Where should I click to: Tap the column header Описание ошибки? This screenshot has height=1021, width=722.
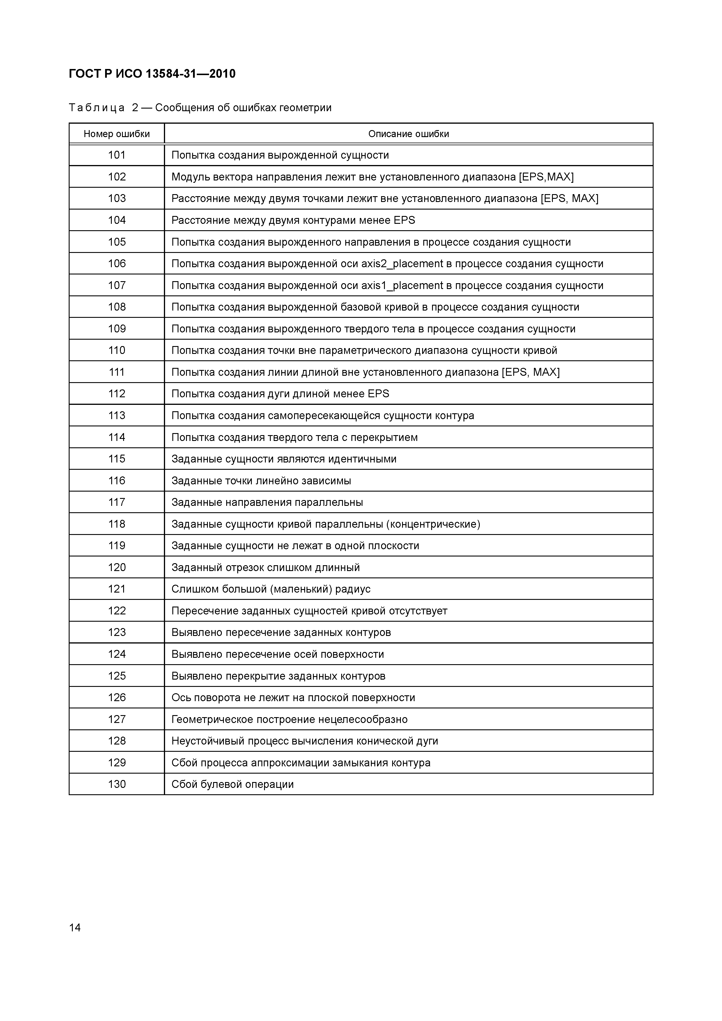click(408, 134)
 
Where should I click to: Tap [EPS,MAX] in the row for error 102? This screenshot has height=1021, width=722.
click(546, 177)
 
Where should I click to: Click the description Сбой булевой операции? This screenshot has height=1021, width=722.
click(233, 784)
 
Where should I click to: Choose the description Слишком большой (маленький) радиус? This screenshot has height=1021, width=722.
click(271, 589)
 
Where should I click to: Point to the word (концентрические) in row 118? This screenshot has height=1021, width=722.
click(433, 524)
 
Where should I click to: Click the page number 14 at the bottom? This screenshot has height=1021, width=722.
click(75, 928)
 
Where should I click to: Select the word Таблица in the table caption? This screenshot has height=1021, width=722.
click(97, 108)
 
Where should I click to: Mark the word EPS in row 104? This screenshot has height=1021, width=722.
click(404, 221)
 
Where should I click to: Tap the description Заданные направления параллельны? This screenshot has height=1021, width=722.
click(267, 502)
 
